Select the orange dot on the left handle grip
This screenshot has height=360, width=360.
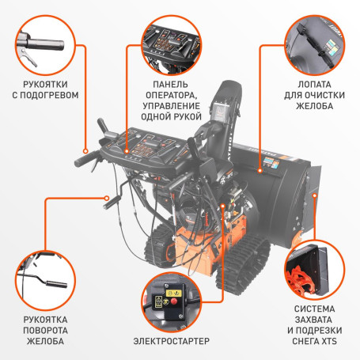click(x=85, y=148)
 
